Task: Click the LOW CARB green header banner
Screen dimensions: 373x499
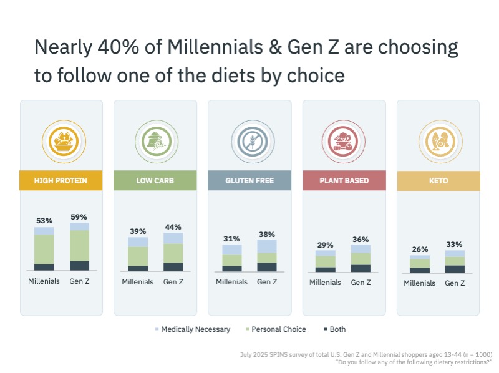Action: (155, 181)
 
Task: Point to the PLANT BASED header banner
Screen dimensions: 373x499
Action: (344, 181)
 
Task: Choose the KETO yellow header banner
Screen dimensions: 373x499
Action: (438, 181)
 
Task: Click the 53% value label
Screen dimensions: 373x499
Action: (44, 221)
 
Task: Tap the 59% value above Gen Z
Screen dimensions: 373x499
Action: (79, 217)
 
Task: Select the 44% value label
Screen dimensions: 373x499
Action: (173, 227)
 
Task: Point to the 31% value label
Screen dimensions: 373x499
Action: (232, 239)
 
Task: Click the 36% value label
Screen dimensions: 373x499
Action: (361, 239)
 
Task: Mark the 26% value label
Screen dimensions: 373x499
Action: (419, 249)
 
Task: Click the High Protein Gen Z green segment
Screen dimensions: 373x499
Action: (79, 246)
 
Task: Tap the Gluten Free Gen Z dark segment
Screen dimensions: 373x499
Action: (267, 267)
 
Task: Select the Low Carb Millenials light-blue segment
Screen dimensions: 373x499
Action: (138, 242)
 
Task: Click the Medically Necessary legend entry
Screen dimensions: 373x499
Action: (192, 329)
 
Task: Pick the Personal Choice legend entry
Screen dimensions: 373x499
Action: (276, 329)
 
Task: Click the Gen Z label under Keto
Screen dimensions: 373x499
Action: (455, 283)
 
